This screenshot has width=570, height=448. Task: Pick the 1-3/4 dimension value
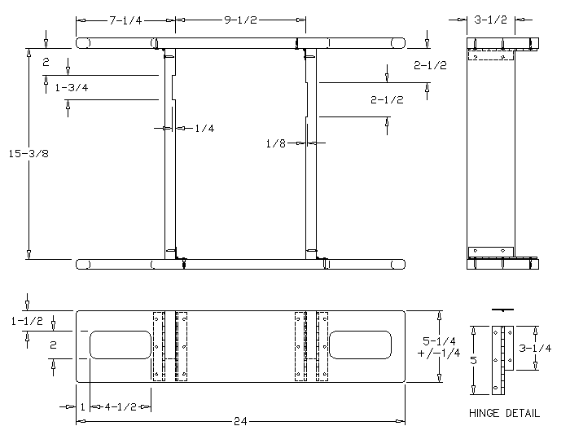(72, 87)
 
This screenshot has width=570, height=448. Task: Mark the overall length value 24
(240, 422)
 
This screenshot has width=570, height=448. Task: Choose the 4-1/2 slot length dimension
(121, 406)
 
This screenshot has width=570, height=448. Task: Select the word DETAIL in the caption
(522, 413)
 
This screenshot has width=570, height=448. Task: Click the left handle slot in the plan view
(121, 345)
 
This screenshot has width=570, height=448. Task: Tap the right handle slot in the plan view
(361, 345)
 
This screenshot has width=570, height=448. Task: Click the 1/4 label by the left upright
(204, 128)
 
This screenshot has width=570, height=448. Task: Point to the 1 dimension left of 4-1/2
(82, 406)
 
